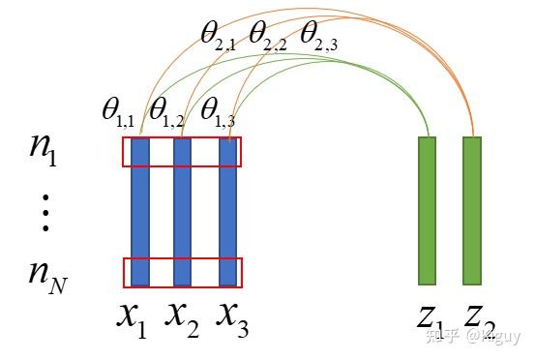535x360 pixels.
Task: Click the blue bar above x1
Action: pyautogui.click(x=140, y=212)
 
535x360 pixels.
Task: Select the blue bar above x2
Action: pyautogui.click(x=182, y=212)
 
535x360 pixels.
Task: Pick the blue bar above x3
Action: pyautogui.click(x=228, y=212)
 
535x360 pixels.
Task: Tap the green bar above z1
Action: pyautogui.click(x=427, y=210)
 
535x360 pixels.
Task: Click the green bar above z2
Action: pyautogui.click(x=472, y=210)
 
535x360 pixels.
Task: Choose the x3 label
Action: pyautogui.click(x=231, y=318)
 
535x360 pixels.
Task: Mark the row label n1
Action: pyautogui.click(x=43, y=153)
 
